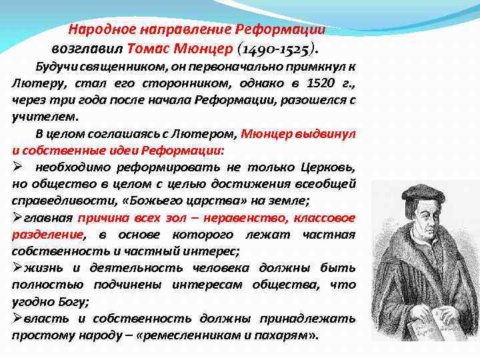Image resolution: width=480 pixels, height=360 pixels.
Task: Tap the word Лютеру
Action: [x=33, y=83]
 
